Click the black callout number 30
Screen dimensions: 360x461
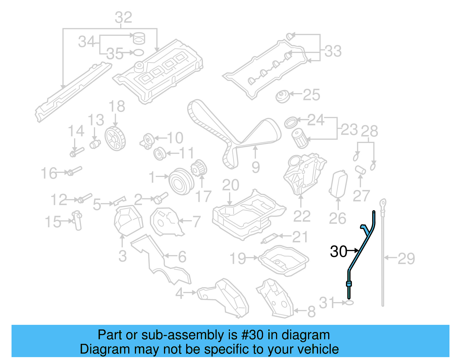(x=339, y=252)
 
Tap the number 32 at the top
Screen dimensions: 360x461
(x=123, y=18)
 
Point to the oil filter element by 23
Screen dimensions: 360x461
(x=300, y=139)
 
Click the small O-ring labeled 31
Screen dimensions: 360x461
(x=349, y=303)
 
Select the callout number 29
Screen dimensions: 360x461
(x=406, y=259)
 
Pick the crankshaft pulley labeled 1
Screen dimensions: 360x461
(x=181, y=182)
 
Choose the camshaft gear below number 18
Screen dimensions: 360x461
(x=115, y=138)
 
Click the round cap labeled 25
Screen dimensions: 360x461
(x=282, y=96)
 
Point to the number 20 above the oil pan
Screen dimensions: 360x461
(x=231, y=185)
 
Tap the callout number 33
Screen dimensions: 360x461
(x=333, y=51)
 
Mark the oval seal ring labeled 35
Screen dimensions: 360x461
(x=139, y=52)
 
